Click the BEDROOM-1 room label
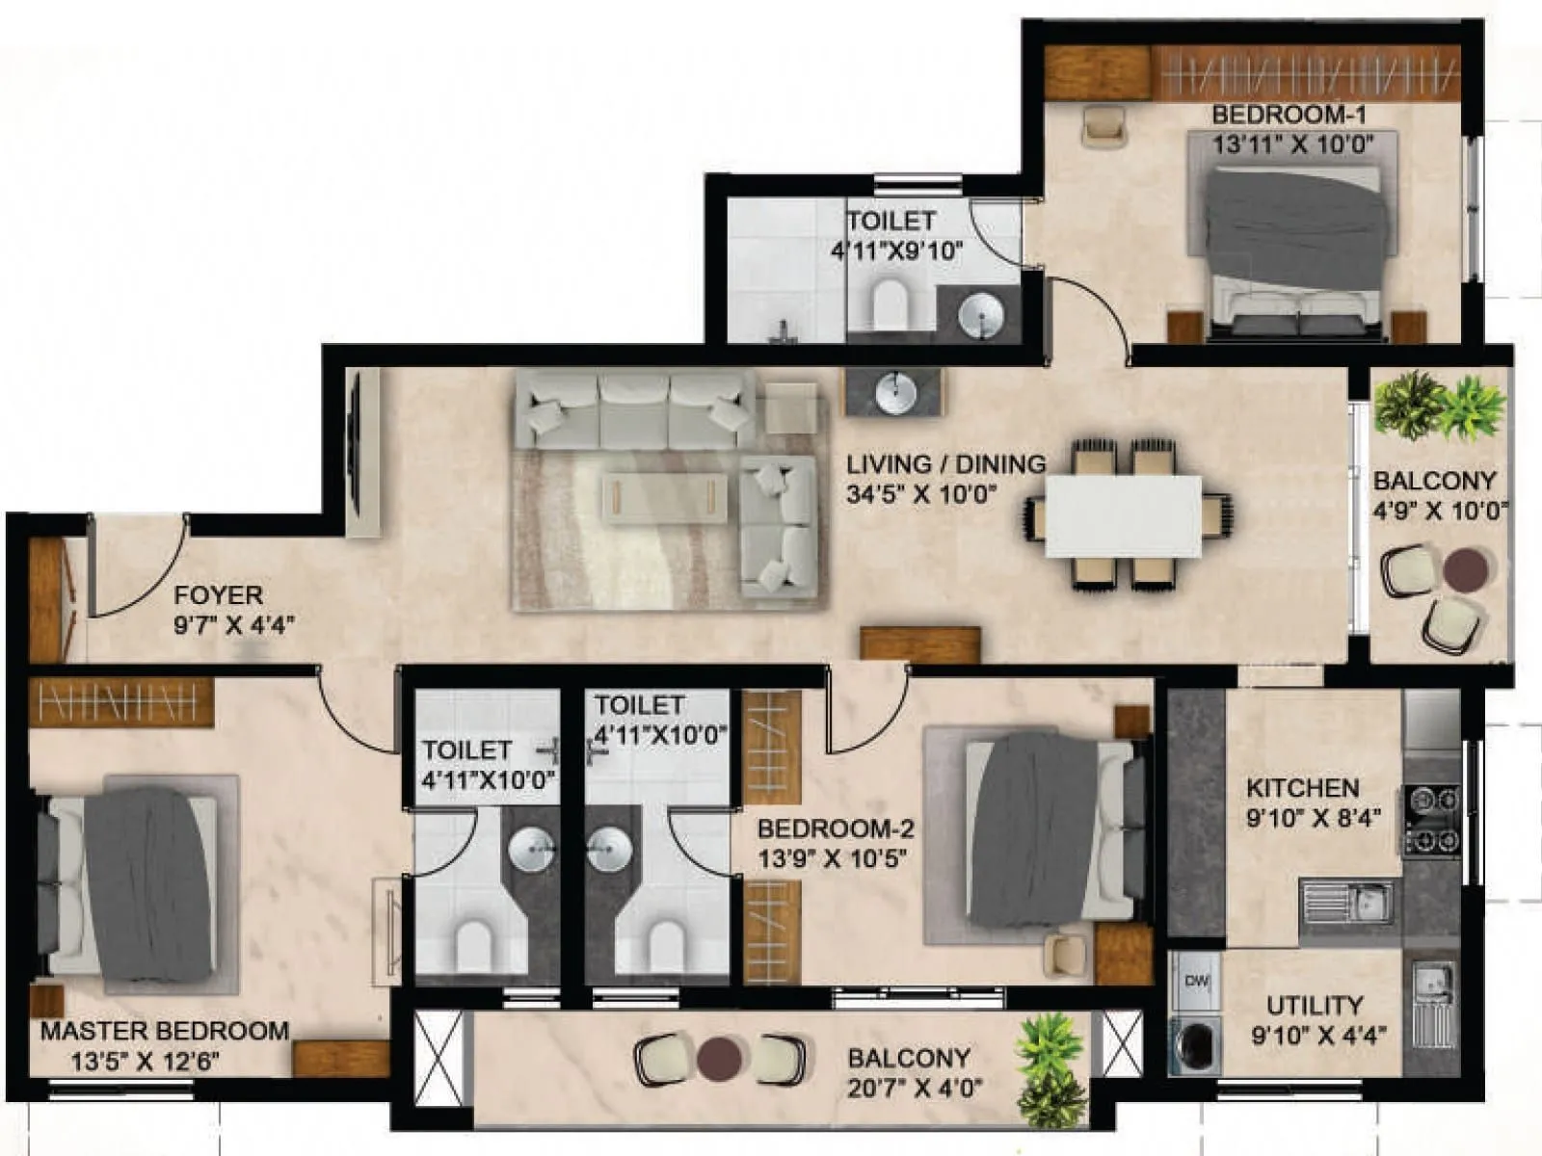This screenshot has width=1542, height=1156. tap(1289, 115)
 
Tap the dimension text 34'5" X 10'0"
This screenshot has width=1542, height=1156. tap(920, 495)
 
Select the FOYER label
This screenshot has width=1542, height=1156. tap(218, 595)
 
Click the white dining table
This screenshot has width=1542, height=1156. tap(1124, 515)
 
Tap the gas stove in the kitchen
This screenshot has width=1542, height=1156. tap(1431, 821)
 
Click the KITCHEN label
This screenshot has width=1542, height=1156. tap(1302, 788)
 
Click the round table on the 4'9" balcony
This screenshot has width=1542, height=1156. tap(1465, 568)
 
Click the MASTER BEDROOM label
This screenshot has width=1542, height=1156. tap(165, 1031)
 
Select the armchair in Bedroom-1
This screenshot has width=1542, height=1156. tap(1103, 125)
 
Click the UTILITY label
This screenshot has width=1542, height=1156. tap(1315, 1006)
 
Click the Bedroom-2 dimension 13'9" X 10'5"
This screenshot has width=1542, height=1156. tap(833, 858)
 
